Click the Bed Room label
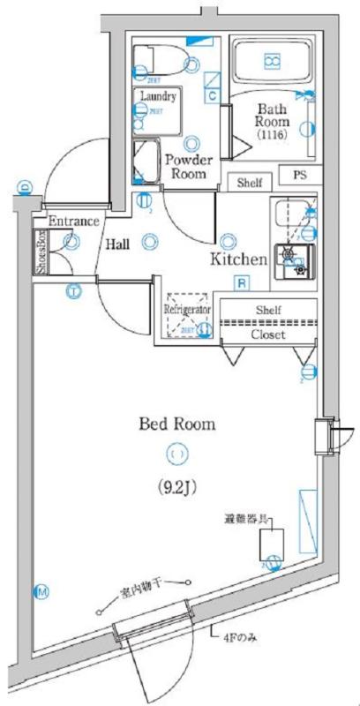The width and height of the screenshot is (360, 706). (x=176, y=424)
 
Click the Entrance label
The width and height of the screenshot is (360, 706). (x=72, y=221)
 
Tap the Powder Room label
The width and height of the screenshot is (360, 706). (x=185, y=166)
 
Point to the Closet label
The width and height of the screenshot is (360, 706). (x=267, y=334)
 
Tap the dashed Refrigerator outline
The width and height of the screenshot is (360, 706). (x=185, y=314)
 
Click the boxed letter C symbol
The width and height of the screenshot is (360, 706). (x=214, y=95)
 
